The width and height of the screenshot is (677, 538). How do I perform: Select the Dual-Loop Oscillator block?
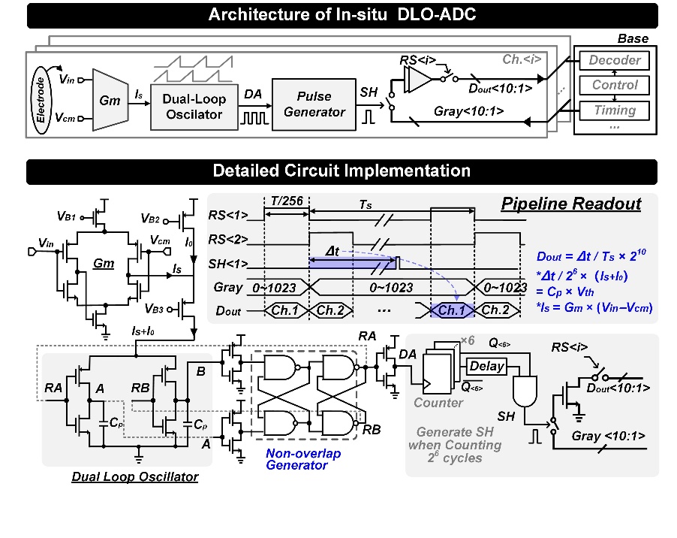194,107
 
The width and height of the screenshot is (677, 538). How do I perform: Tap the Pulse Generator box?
314,104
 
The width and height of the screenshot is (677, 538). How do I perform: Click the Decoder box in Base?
615,60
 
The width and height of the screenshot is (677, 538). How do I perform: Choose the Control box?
615,85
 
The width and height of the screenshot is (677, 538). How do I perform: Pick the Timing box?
615,110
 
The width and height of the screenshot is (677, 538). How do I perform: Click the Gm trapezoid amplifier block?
110,100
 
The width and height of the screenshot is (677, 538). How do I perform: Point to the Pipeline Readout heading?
571,204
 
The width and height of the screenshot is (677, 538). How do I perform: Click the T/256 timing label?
287,201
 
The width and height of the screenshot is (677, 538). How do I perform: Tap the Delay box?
486,367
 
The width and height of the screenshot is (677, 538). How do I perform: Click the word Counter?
438,403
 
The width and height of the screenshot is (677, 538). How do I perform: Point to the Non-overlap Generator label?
303,459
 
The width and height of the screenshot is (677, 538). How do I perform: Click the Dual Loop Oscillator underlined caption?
134,476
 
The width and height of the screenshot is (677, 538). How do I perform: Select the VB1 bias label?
67,216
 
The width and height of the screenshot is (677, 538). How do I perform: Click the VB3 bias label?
154,309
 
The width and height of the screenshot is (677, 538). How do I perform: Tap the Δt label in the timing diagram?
332,251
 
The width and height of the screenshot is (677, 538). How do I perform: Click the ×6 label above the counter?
468,340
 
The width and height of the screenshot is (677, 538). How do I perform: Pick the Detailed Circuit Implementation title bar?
342,171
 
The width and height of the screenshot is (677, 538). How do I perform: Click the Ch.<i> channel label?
522,59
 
